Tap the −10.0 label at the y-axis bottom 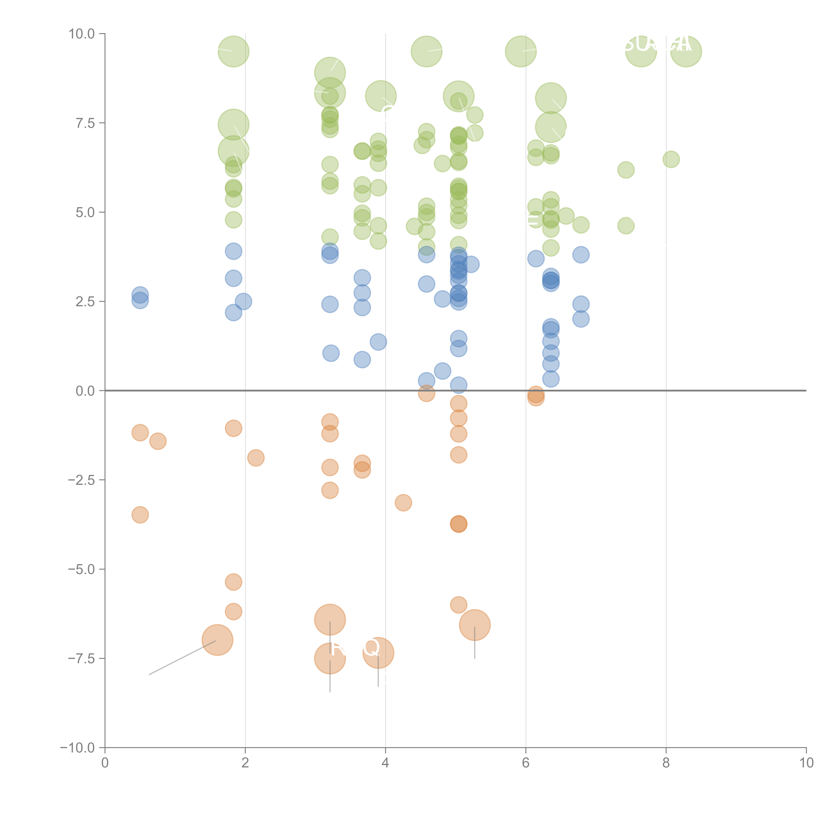[x=77, y=748]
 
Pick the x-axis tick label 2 [x=245, y=763]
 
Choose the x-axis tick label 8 [x=666, y=763]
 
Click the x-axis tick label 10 [x=806, y=763]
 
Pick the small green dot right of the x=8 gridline [x=671, y=159]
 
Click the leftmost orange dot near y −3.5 [x=140, y=515]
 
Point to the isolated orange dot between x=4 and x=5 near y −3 [x=404, y=503]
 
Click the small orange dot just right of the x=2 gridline [x=256, y=457]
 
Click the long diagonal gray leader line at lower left [x=183, y=657]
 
